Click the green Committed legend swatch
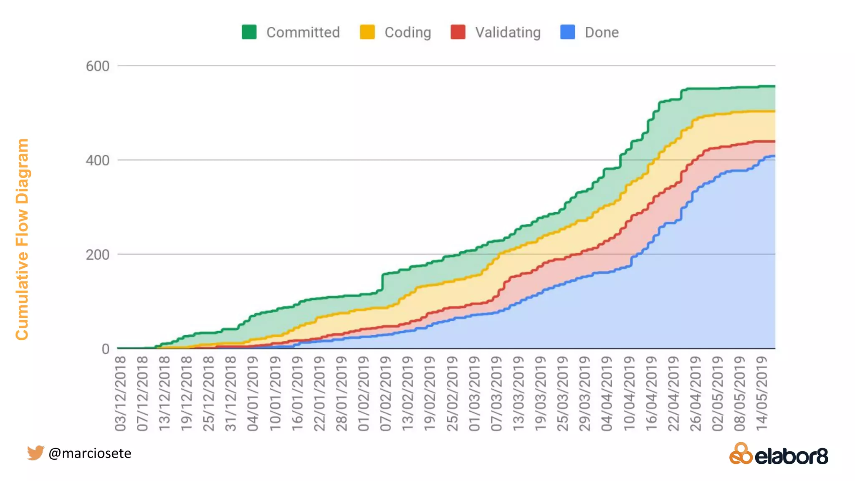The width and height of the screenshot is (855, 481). point(249,32)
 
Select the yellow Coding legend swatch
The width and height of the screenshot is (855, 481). point(367,32)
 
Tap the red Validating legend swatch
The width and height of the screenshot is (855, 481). point(458,32)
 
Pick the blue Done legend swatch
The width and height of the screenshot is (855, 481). point(568,32)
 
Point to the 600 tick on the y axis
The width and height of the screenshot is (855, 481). point(97,66)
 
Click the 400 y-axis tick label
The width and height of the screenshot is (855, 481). point(97,160)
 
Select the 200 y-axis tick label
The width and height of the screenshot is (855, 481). point(97,255)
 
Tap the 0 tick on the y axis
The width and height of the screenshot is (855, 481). point(105,349)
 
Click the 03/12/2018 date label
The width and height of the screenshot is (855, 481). point(120,393)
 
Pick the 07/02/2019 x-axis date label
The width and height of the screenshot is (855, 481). point(385,393)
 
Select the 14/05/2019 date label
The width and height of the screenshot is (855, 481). point(762,393)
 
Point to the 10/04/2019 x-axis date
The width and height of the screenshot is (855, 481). point(629,393)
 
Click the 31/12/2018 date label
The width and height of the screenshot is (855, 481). point(230,393)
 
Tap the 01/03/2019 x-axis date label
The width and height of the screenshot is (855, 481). point(474,393)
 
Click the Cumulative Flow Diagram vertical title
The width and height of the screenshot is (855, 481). point(22,239)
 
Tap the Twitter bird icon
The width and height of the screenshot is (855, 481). point(35,453)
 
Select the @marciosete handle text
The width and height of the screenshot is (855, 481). point(90,453)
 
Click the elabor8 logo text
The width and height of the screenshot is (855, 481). point(792,456)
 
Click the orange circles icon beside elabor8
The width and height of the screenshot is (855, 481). point(741,454)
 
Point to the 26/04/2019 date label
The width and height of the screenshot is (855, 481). point(696,393)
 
